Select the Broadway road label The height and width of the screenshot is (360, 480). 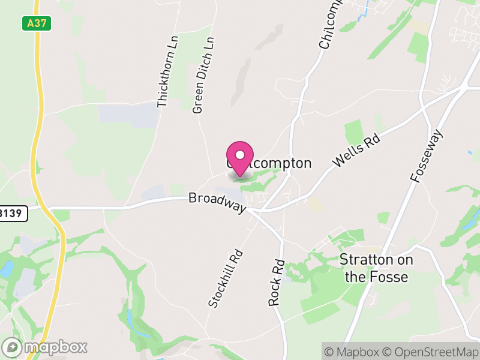coord(217,202)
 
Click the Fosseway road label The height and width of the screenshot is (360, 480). coord(427,156)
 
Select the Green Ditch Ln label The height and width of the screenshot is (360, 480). coord(203,75)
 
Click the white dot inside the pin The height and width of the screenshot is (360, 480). coord(240,155)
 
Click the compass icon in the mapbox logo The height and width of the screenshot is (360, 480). coord(12,347)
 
